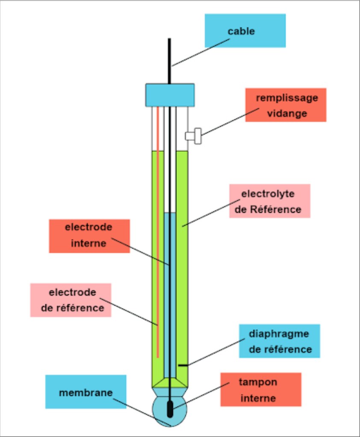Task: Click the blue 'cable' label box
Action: coord(245,30)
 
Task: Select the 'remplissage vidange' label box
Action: coord(285,105)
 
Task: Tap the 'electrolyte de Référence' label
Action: coord(269,201)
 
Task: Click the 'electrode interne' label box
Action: coord(89,236)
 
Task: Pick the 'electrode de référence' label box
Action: coord(71,300)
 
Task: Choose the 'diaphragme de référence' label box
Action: coord(279,341)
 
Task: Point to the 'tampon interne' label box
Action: coord(260,390)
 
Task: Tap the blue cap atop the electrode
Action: coord(170,95)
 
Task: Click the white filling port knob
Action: coord(193,136)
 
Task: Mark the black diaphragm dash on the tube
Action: coord(183,366)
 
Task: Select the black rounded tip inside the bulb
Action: coord(170,408)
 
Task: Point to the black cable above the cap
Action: coord(169,60)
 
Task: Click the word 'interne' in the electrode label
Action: coord(88,243)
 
